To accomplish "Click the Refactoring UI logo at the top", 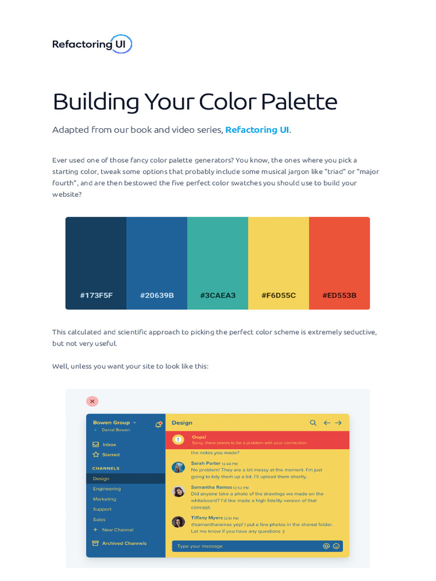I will pos(92,44).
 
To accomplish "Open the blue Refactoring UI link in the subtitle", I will pos(257,130).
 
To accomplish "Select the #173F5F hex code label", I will pos(96,296).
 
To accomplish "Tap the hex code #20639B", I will pos(157,296).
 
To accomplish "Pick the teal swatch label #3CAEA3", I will pos(217,296).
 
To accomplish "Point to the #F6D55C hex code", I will pos(278,296).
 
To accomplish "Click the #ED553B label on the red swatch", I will pos(339,296).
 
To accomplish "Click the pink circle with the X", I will pos(92,401).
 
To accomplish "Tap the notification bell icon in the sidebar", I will pos(158,424).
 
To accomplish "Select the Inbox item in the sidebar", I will pos(109,445).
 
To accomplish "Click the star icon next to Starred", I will pos(96,454).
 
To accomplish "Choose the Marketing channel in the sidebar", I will pos(104,499).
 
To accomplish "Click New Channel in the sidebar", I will pos(118,530).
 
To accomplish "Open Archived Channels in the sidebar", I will pos(124,544).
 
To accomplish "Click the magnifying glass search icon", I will pos(313,423).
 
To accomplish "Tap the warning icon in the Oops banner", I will pos(178,440).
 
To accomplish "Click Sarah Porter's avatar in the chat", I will pos(178,467).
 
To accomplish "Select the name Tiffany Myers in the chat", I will pos(207,518).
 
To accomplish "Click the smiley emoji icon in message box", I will pos(336,546).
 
